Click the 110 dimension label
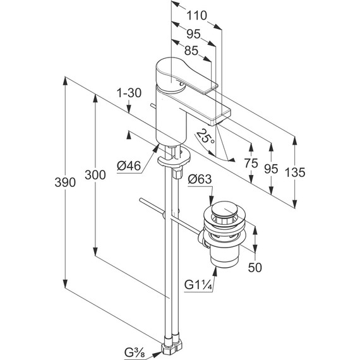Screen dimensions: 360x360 point(196,16)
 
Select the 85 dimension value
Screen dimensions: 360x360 point(191,51)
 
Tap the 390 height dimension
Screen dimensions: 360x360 point(65,183)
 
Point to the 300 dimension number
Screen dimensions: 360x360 point(95,175)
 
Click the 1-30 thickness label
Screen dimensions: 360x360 point(129,93)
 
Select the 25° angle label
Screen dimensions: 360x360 point(205,137)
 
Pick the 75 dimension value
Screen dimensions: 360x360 point(251,164)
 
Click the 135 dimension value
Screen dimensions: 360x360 point(295,172)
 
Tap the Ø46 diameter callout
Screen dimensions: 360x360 point(129,165)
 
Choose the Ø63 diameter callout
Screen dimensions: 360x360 point(200,179)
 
